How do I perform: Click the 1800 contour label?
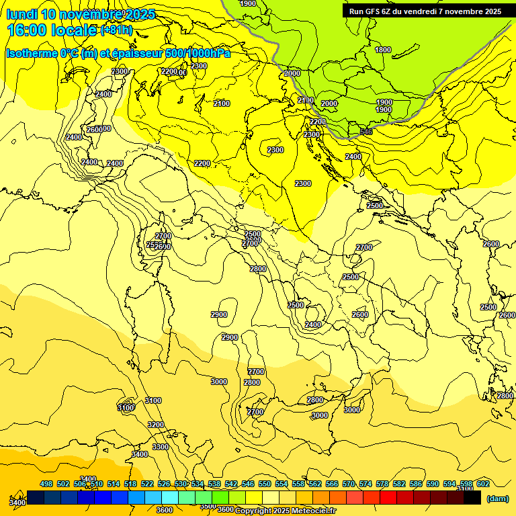383,50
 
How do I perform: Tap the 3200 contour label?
156,425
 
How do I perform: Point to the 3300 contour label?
161,447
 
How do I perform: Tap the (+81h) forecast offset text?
116,30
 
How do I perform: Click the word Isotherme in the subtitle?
31,53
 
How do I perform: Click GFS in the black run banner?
376,11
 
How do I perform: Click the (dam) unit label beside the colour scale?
497,499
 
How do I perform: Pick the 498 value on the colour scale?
46,484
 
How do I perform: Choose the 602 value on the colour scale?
482,484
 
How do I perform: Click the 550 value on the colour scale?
265,484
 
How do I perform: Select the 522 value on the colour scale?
147,484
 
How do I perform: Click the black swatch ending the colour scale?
472,498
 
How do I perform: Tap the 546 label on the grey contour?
366,132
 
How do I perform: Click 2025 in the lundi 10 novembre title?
136,13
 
